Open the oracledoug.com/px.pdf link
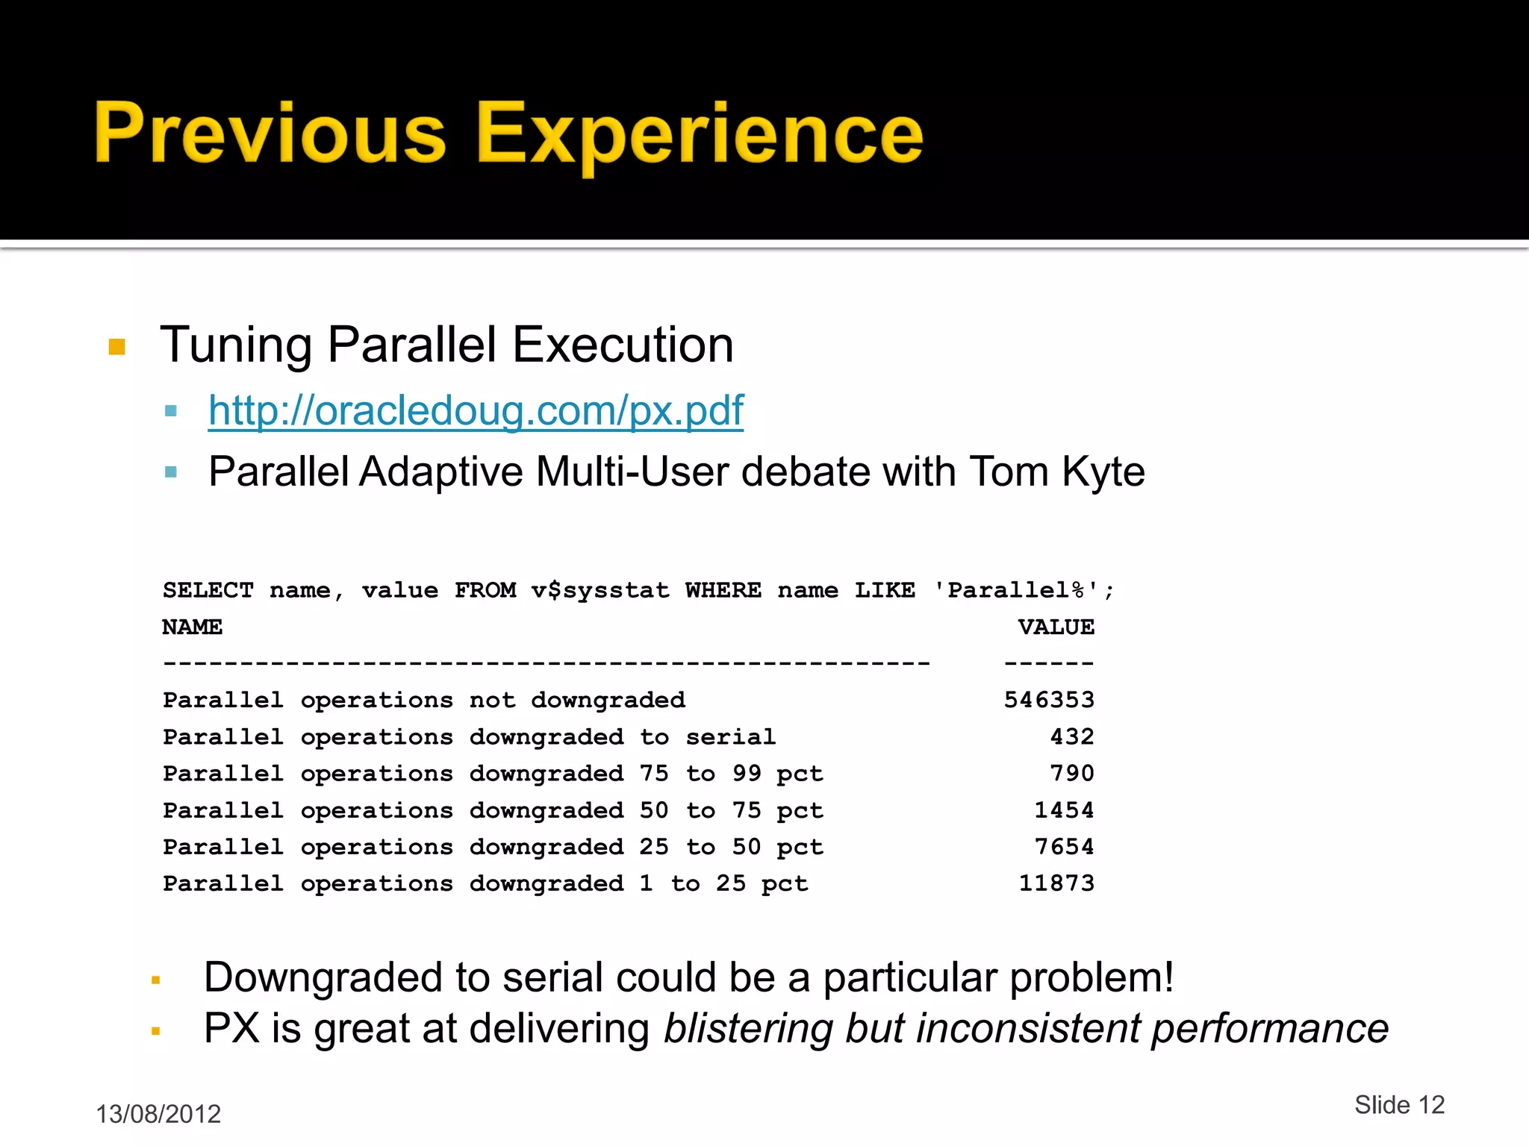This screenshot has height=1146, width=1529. click(476, 410)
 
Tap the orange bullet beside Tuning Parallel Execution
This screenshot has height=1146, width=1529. click(117, 347)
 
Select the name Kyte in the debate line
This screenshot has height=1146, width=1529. click(1103, 472)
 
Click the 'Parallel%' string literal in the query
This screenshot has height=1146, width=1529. click(1016, 590)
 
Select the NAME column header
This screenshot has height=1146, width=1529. click(192, 627)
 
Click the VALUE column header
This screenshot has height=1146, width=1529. click(1056, 627)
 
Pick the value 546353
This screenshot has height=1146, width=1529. click(1049, 700)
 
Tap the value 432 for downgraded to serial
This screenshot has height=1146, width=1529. click(1072, 737)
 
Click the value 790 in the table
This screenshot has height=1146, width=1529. click(1072, 774)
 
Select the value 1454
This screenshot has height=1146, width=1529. click(1064, 810)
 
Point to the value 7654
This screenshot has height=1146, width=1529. click(1064, 847)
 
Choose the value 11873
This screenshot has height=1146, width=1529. click(1056, 883)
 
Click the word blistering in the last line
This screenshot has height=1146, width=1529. click(747, 1029)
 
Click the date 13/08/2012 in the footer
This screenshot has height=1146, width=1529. click(158, 1114)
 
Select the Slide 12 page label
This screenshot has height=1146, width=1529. click(1399, 1105)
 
